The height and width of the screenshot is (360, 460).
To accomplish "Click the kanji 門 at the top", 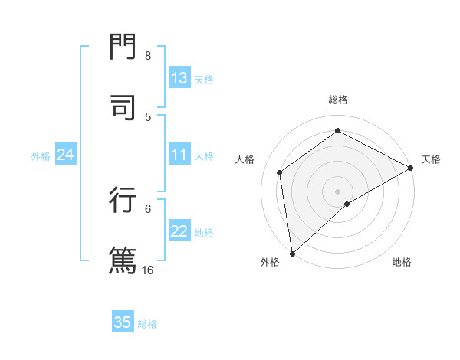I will point(122,47).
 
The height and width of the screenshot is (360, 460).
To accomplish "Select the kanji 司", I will point(122,107).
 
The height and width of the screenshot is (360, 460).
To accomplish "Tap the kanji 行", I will point(122,199).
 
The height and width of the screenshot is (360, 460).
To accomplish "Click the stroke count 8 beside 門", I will point(148,55).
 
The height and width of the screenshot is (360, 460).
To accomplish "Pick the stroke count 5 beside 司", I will point(148,116).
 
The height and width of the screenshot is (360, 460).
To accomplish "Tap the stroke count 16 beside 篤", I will point(148,270).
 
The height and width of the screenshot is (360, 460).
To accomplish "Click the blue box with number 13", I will point(179,78).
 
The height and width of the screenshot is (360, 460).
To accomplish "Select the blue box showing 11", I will point(179,155).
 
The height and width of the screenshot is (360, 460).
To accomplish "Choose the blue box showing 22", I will point(179,232).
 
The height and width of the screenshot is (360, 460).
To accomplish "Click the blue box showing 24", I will point(66,155).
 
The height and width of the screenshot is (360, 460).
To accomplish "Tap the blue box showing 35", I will point(123,322).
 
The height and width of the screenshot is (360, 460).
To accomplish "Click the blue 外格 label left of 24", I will point(41,156).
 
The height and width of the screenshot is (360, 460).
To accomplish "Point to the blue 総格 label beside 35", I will point(147,324).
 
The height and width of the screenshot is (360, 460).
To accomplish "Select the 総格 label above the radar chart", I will point(337,100).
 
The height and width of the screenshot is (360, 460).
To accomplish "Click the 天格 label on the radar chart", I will point(431,159).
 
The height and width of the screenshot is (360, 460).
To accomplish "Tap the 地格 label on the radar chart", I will point(402,262).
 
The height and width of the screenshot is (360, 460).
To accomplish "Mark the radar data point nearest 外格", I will point(291,254).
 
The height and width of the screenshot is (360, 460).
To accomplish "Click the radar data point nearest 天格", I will point(410,168).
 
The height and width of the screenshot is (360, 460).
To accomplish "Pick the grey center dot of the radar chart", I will point(337,191).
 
